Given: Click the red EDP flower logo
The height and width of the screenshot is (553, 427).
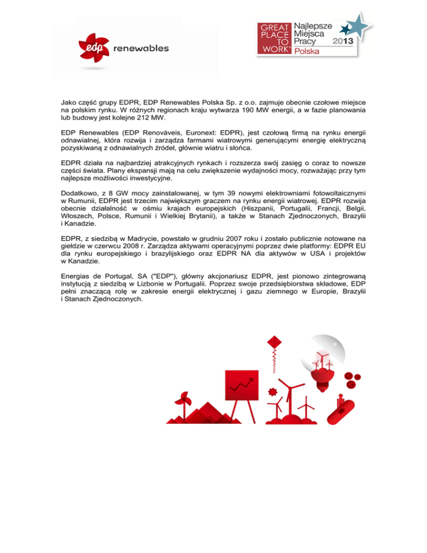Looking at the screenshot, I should pos(94,48).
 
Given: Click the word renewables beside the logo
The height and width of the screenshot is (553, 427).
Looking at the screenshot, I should pos(141,48).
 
